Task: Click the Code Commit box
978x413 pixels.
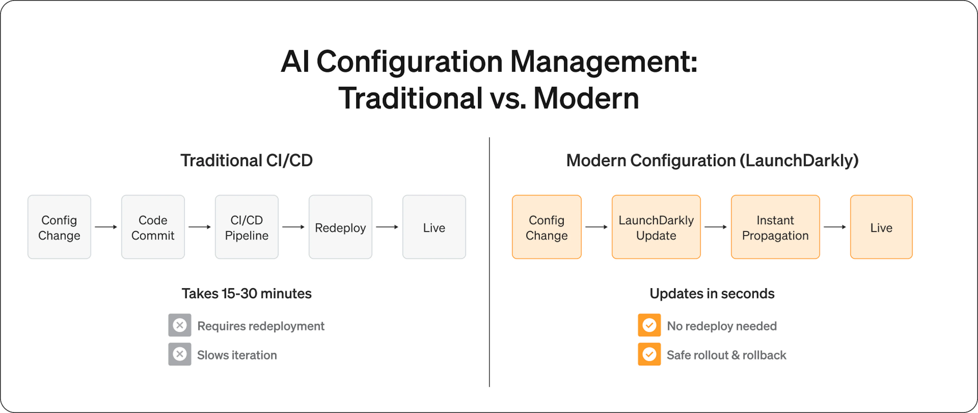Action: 153,227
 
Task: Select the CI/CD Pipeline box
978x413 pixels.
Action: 247,227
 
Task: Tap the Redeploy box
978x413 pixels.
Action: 341,227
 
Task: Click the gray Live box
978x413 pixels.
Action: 434,227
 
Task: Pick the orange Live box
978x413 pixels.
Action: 881,227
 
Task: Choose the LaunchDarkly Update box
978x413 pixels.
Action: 656,227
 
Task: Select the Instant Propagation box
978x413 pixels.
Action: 775,227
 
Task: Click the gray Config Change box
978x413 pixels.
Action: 59,227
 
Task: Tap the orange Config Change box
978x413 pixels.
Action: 547,227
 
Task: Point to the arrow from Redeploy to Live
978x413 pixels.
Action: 387,227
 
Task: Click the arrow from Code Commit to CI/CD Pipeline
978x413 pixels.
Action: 200,227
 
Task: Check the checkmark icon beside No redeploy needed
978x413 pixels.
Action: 649,325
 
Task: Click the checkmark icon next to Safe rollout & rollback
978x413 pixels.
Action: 649,354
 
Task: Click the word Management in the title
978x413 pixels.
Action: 604,62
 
